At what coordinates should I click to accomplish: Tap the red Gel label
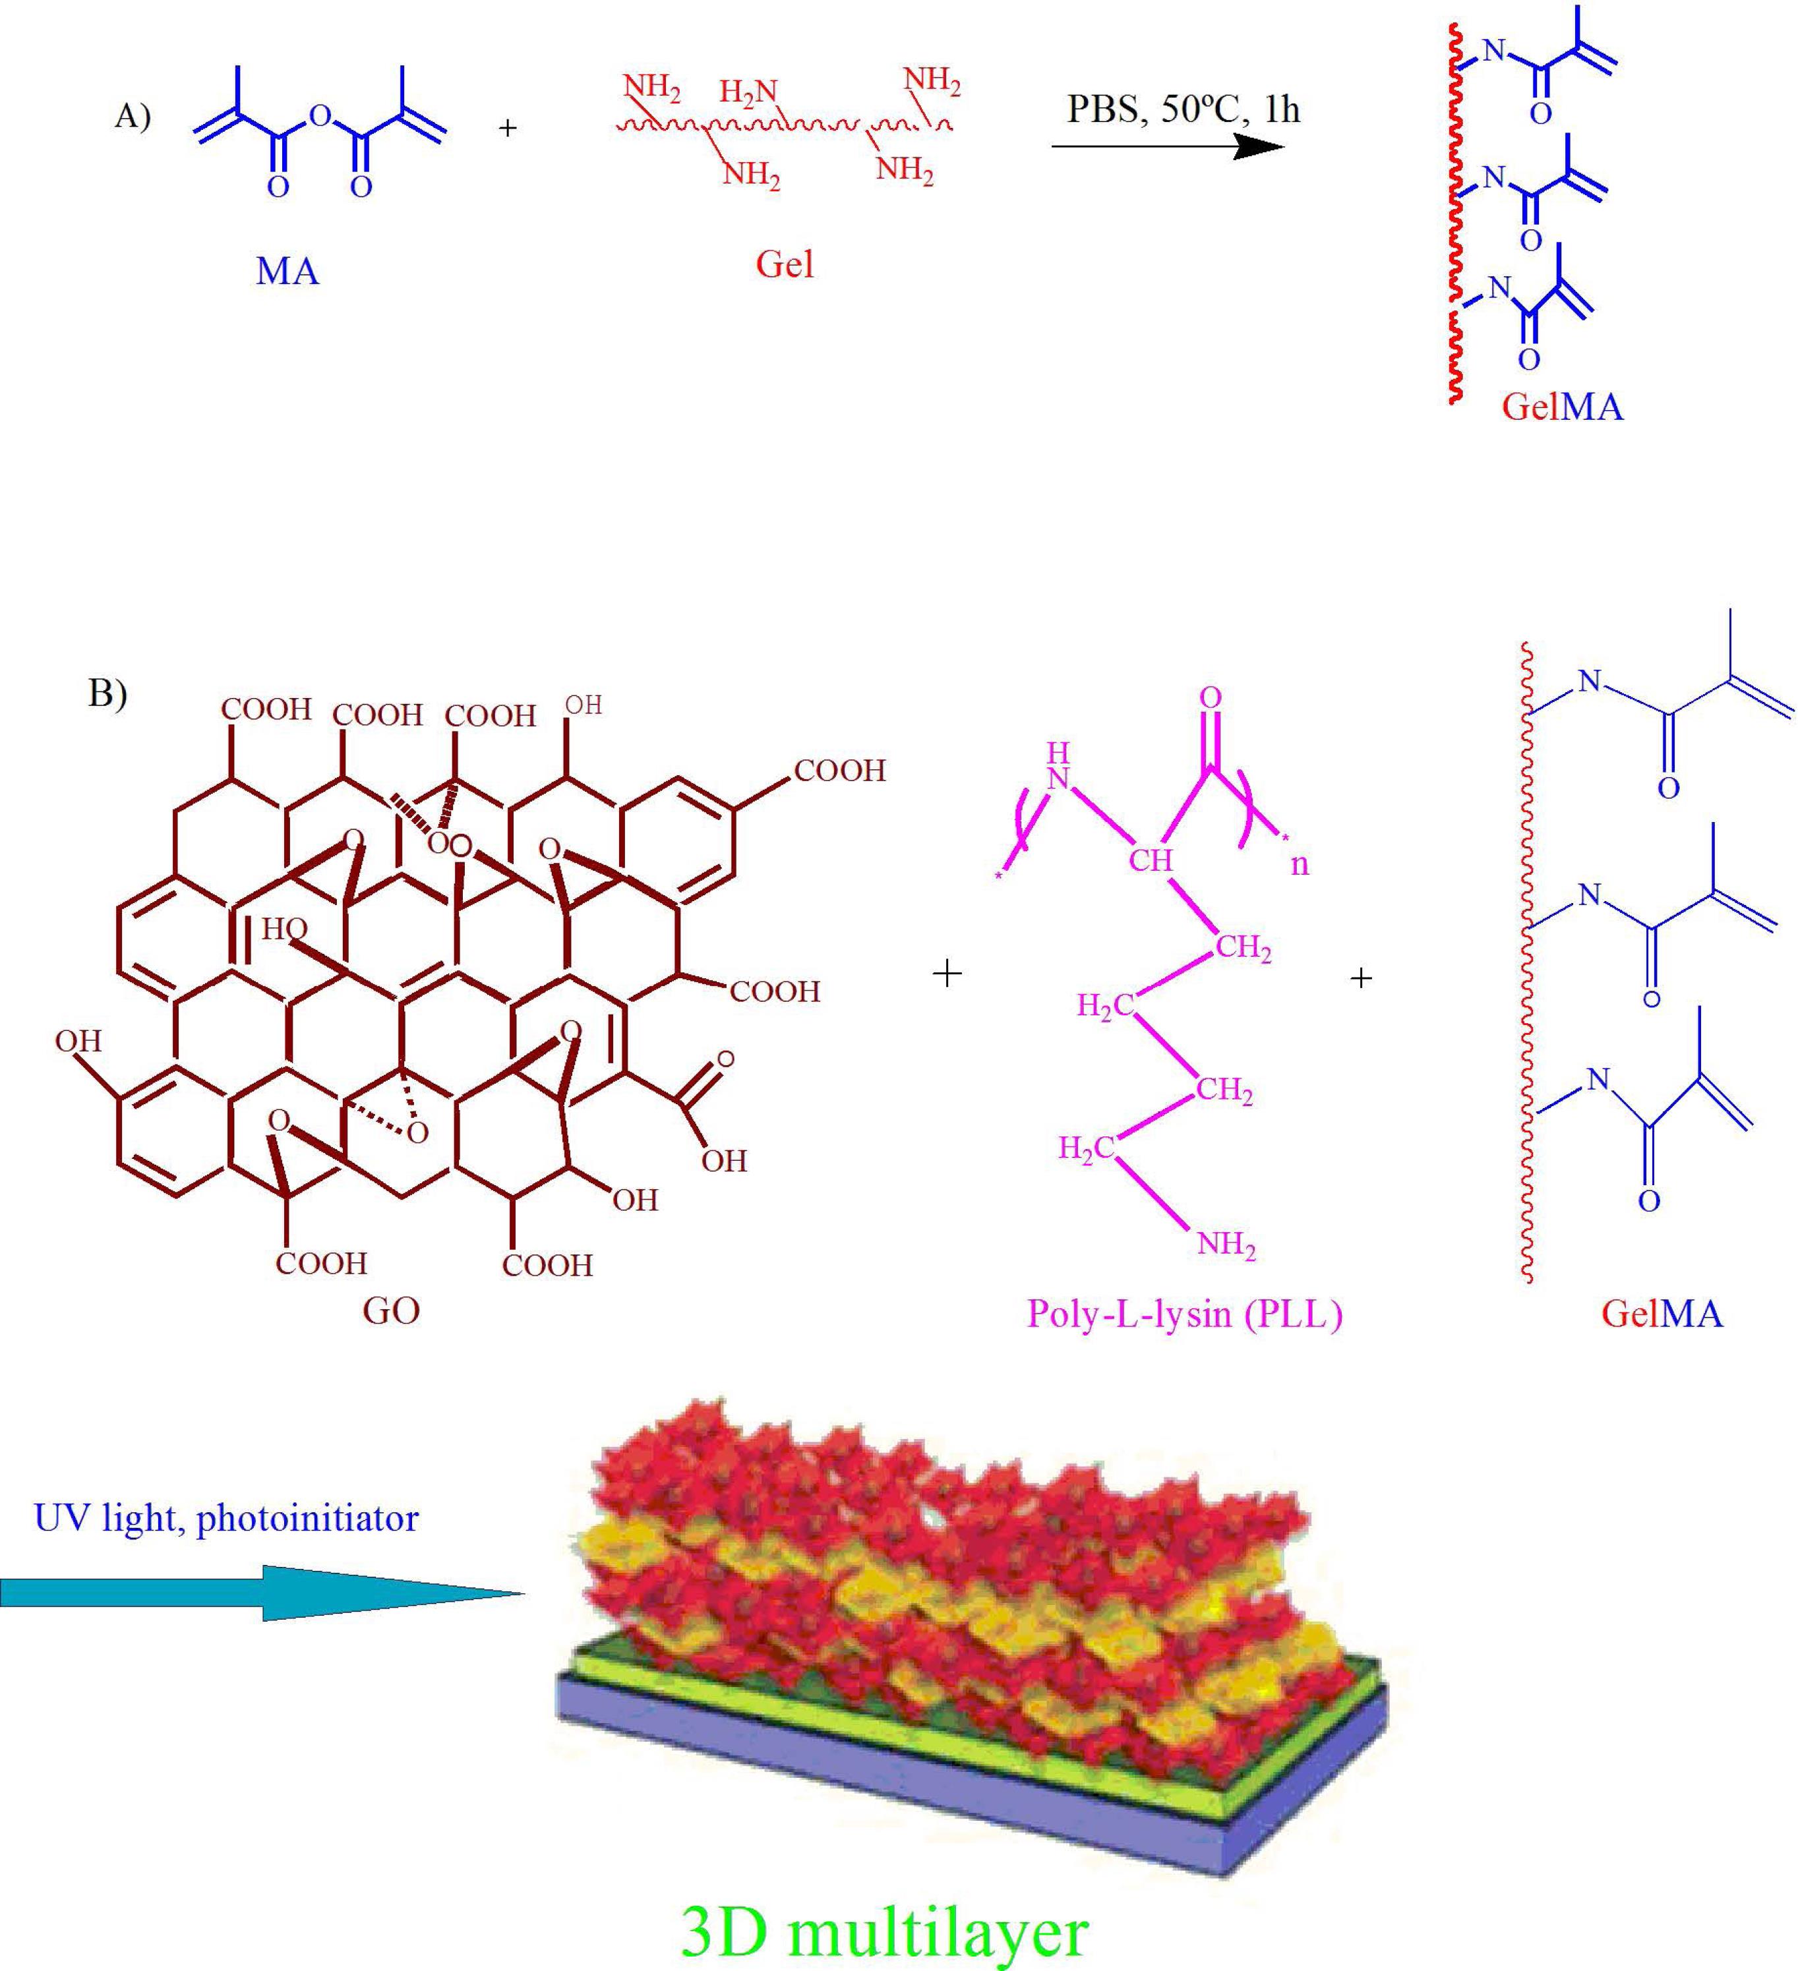784,264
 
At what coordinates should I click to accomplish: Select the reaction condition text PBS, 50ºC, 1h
1183,109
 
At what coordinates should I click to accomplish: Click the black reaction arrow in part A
1168,146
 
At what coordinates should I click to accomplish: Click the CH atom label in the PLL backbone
1150,860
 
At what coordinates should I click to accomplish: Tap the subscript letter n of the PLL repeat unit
1300,864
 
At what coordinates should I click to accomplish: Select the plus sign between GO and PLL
946,973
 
